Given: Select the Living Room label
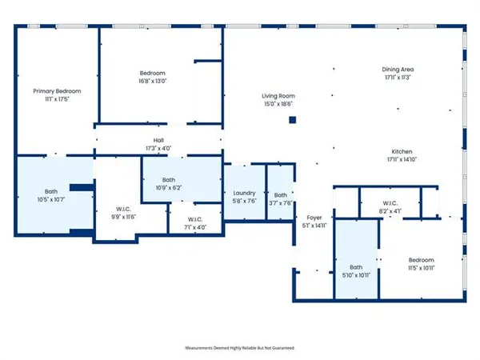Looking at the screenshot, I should click(x=278, y=96).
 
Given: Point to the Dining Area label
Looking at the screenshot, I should click(x=398, y=70).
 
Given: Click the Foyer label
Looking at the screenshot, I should click(x=313, y=217).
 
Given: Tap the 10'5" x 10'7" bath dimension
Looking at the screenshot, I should click(x=50, y=199).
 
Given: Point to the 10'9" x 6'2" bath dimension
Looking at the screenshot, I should click(x=168, y=188).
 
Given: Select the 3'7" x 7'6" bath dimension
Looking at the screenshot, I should click(x=280, y=203).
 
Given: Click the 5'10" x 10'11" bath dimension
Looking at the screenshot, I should click(x=355, y=275).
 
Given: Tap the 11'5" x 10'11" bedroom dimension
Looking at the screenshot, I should click(x=422, y=268).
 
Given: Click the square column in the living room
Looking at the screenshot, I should click(x=293, y=120).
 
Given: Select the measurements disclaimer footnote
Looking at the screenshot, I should click(x=240, y=348).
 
